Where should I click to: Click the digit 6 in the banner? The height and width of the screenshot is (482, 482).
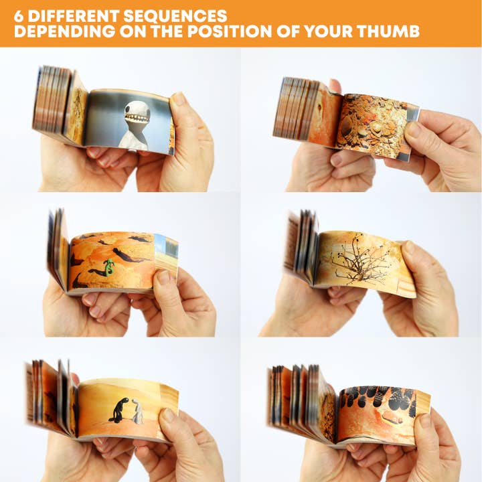point(19,16)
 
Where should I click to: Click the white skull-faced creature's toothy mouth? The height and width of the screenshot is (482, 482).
point(137,117)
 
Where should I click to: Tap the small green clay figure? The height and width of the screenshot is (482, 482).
point(109,266)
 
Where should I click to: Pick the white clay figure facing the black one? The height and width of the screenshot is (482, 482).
point(138,411)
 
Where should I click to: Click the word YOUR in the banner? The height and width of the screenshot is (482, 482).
point(328,31)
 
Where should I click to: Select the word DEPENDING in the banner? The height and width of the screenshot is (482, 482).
point(65,31)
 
